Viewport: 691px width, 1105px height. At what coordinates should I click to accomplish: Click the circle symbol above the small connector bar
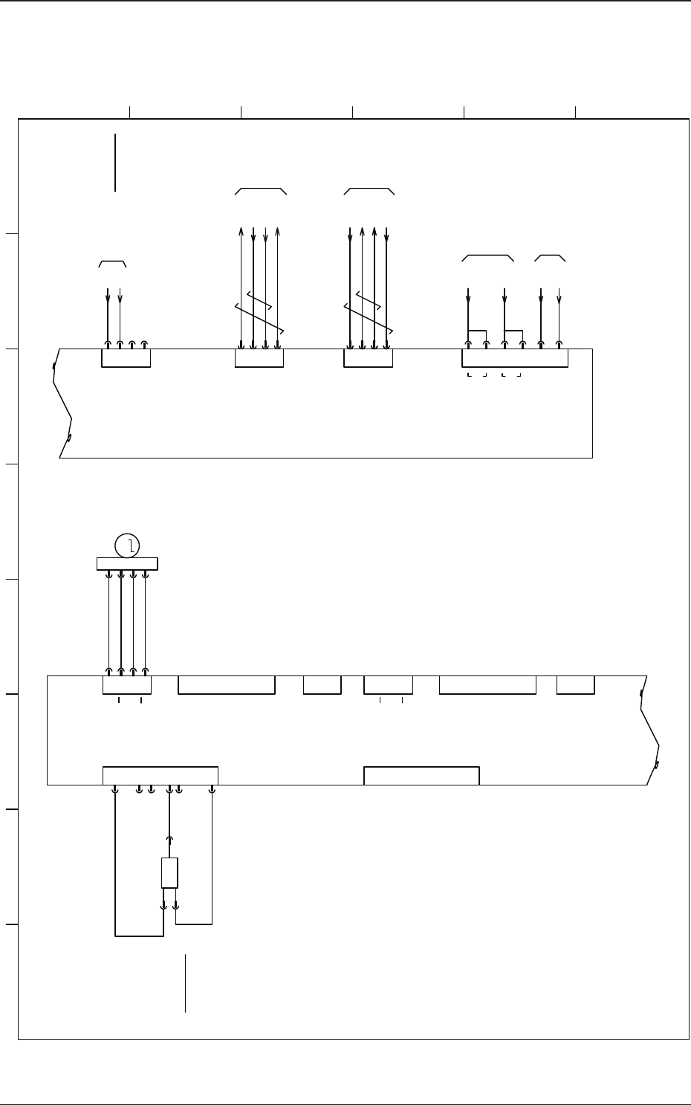[128, 547]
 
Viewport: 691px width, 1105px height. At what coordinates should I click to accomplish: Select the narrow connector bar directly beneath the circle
[127, 564]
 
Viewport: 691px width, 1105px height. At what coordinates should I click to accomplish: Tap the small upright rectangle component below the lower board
[169, 872]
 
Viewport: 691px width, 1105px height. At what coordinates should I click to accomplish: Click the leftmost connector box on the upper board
[126, 357]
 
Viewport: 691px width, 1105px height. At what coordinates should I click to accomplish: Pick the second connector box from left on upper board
[259, 357]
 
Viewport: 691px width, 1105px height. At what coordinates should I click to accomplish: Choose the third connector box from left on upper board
[368, 357]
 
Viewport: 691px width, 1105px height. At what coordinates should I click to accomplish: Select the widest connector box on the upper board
[515, 357]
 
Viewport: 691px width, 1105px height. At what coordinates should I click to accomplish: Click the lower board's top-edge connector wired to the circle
[126, 684]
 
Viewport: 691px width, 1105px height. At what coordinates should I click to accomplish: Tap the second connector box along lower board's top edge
[227, 684]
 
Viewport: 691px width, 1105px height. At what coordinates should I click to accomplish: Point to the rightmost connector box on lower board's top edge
[575, 684]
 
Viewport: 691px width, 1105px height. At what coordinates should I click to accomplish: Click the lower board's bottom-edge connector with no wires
[421, 775]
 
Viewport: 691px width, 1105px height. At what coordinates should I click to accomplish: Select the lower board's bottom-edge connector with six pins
[160, 775]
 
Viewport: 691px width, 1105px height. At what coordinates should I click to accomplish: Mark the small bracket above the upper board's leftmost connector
[113, 263]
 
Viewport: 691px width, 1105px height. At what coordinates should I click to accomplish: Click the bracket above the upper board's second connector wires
[261, 191]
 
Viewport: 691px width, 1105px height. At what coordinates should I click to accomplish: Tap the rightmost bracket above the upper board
[551, 257]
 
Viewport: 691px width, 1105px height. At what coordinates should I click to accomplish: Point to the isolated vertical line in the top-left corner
[116, 162]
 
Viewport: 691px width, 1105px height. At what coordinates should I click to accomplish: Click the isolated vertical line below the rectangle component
[185, 982]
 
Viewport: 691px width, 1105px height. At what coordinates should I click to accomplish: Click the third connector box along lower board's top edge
[322, 684]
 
